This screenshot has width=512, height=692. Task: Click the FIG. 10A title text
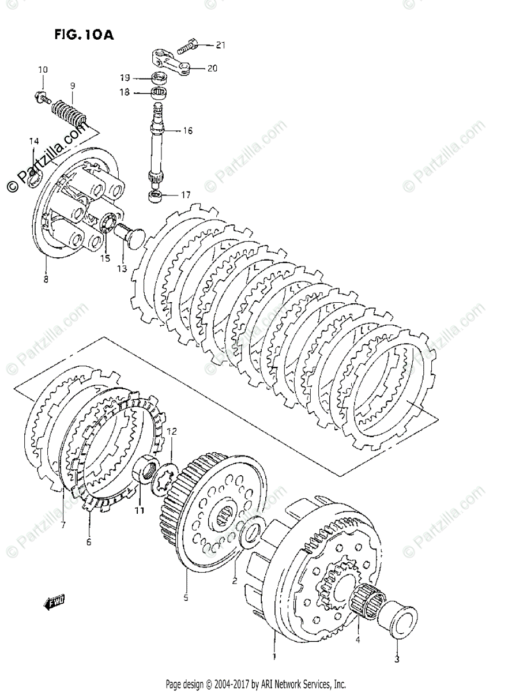pos(84,35)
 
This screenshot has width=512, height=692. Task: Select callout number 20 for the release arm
pos(212,68)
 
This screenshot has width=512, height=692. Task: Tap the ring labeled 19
pos(159,78)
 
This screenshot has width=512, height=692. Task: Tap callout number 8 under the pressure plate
pos(46,279)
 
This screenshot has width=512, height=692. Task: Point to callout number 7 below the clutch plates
pos(62,525)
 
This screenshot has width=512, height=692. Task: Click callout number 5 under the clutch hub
pos(186,598)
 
